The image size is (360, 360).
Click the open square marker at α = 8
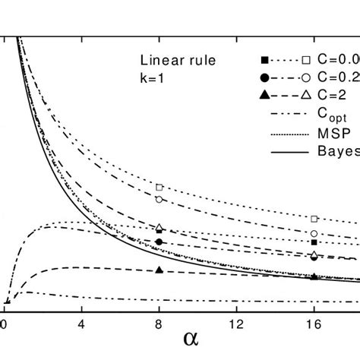(x=159, y=187)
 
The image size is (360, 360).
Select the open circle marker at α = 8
(x=159, y=199)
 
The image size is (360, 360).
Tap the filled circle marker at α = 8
(x=159, y=242)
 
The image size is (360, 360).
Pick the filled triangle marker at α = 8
(x=159, y=270)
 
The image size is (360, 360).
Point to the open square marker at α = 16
(x=314, y=219)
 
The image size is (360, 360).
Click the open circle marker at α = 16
(x=314, y=233)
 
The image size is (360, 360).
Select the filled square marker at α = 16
(x=314, y=242)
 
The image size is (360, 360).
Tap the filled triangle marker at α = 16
(x=314, y=276)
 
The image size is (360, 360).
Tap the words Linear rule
(x=169, y=61)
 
